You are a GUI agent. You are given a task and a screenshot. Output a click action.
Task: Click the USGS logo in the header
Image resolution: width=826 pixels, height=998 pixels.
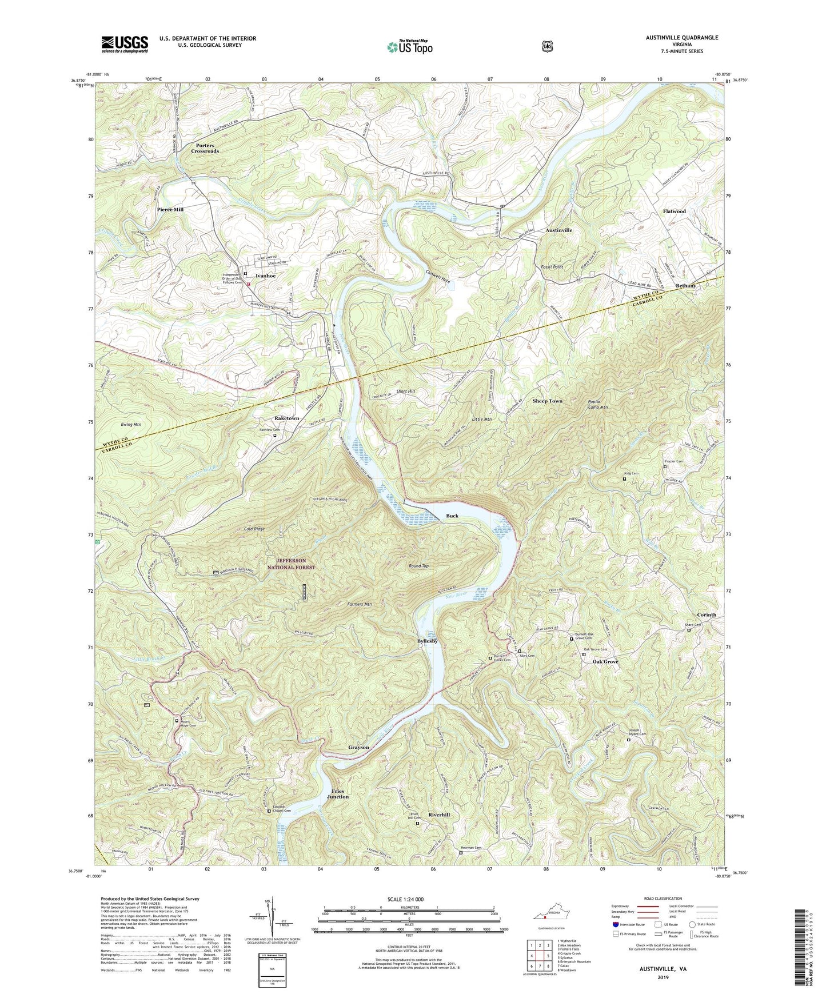pyautogui.click(x=125, y=43)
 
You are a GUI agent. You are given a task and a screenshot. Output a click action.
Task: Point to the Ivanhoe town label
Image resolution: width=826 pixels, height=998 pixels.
pyautogui.click(x=266, y=276)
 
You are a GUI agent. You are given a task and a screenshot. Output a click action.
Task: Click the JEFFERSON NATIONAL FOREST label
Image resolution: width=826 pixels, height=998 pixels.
pyautogui.click(x=292, y=564)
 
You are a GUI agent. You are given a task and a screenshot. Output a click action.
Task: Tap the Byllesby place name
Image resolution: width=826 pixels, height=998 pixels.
pyautogui.click(x=426, y=641)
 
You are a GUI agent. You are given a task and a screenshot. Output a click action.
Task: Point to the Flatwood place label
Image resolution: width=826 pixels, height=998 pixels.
pyautogui.click(x=674, y=211)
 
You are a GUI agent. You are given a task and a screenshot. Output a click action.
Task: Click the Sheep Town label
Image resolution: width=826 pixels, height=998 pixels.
pyautogui.click(x=548, y=401)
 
